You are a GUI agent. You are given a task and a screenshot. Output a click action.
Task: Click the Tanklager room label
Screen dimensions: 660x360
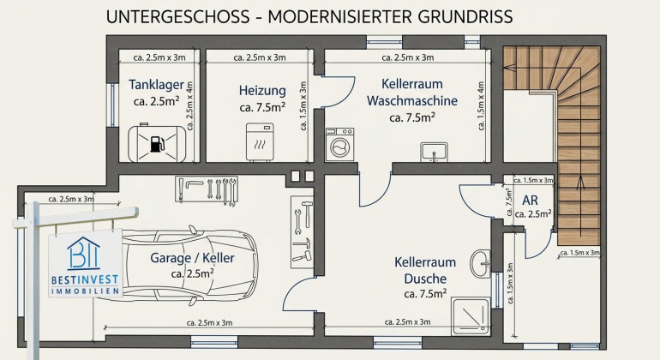(156, 85)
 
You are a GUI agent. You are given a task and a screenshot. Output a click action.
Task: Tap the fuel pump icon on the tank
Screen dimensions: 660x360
(157, 144)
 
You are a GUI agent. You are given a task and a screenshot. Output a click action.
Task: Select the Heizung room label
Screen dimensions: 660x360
(262, 91)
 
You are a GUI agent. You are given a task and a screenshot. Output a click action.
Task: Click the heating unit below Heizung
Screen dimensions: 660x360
(260, 141)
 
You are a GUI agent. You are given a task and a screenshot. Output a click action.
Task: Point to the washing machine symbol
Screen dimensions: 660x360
(339, 144)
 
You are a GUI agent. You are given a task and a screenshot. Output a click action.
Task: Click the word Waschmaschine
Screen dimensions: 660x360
(412, 101)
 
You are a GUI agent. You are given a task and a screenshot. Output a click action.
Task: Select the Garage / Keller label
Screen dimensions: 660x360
(192, 258)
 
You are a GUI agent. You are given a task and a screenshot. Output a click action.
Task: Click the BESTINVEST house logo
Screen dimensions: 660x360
(84, 253)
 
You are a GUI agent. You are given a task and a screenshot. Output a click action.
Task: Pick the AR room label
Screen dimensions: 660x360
(530, 201)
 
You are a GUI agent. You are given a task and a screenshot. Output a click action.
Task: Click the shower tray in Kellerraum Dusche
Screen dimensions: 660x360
(471, 316)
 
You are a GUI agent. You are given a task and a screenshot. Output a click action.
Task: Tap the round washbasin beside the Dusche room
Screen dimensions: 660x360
(480, 264)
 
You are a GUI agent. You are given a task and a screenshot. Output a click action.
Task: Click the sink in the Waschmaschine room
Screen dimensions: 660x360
(434, 152)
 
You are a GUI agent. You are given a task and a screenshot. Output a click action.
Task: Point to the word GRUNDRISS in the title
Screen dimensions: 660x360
(465, 17)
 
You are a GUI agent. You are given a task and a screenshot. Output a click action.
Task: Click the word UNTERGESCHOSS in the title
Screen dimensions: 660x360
(177, 17)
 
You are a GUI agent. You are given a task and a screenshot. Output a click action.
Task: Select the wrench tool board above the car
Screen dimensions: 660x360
(207, 189)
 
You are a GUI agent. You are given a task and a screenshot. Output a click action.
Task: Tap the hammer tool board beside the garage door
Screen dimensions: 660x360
(302, 231)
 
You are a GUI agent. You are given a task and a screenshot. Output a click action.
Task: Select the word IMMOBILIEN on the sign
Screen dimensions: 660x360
(85, 291)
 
